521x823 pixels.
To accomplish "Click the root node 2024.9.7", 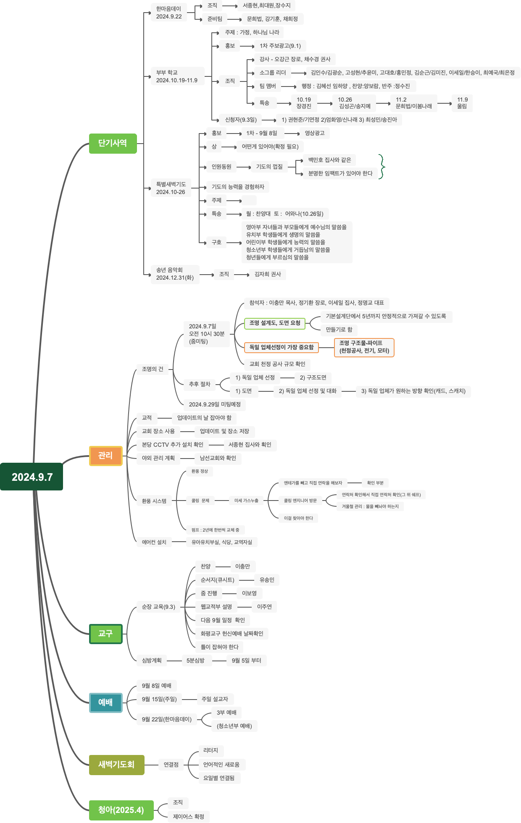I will (x=32, y=477).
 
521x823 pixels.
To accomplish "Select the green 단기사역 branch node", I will (x=113, y=143).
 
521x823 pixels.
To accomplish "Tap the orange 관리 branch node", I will (x=105, y=456).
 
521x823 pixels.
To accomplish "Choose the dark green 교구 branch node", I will (x=105, y=634).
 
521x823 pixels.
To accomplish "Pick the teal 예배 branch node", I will (x=105, y=702).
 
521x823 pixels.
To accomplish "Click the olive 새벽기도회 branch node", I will (x=116, y=765).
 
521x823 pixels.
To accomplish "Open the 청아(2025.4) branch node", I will (x=121, y=810).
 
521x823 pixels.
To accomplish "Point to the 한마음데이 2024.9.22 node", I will (x=169, y=13).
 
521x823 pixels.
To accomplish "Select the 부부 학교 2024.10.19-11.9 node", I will (x=177, y=76).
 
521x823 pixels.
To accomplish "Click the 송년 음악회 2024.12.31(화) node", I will (x=175, y=274).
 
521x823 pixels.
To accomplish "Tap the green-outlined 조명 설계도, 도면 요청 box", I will (x=275, y=323).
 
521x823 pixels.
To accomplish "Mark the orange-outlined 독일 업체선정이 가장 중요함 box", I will (x=282, y=347).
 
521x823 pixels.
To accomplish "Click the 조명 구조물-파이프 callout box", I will (x=364, y=347).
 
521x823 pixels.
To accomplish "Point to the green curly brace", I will (x=382, y=167).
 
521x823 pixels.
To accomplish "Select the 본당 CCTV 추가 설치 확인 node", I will (x=173, y=445).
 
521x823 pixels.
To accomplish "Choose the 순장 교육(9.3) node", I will (x=158, y=607).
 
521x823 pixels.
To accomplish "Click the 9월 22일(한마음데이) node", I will (x=167, y=719).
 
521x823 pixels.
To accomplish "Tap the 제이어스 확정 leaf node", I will (x=189, y=817).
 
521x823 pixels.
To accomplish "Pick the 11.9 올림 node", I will (x=462, y=103).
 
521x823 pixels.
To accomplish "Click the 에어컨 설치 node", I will (x=154, y=542).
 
